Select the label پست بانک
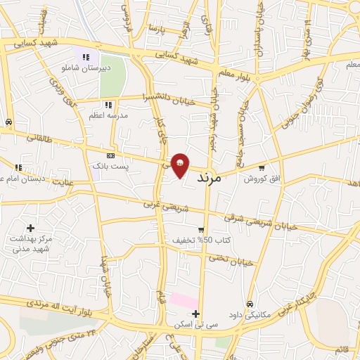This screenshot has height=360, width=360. click(111, 165)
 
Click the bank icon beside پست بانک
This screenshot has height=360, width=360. click(110, 155)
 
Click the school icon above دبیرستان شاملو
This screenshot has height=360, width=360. click(86, 57)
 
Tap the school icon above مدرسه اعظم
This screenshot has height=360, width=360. click(98, 103)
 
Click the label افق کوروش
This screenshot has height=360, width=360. click(262, 179)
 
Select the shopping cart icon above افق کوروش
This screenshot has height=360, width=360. click(262, 168)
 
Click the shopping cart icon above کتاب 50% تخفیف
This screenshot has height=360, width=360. click(201, 230)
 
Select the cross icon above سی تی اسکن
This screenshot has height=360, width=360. click(196, 314)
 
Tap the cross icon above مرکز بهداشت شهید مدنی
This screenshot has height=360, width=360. click(30, 228)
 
